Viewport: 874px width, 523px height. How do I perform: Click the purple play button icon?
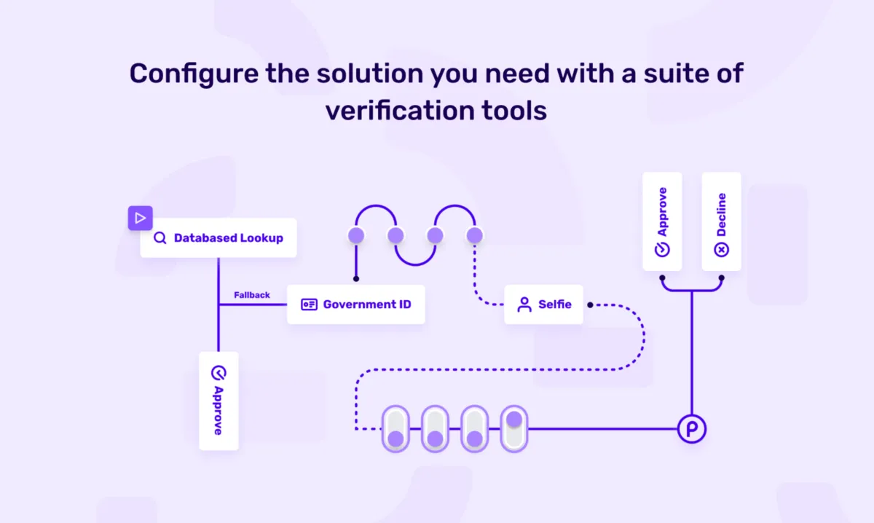pyautogui.click(x=141, y=217)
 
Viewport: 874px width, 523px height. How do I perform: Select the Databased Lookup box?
pyautogui.click(x=219, y=237)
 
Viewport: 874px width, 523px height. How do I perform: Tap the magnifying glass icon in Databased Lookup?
pyautogui.click(x=160, y=237)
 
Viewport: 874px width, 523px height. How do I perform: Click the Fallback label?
pyautogui.click(x=252, y=295)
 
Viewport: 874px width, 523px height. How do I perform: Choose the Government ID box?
pyautogui.click(x=355, y=304)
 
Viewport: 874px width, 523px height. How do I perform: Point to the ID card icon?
pyautogui.click(x=309, y=304)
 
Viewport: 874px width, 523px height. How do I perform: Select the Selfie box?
pyautogui.click(x=543, y=304)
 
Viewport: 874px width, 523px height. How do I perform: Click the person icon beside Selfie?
pyautogui.click(x=524, y=304)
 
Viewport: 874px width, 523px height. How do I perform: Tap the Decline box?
pyautogui.click(x=721, y=221)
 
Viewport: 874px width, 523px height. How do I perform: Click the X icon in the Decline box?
pyautogui.click(x=721, y=250)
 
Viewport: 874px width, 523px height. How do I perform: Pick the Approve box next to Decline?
pyautogui.click(x=662, y=221)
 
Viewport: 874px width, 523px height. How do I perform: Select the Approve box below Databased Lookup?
pyautogui.click(x=218, y=401)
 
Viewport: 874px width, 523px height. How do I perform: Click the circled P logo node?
pyautogui.click(x=691, y=428)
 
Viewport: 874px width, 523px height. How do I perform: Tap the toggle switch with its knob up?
pyautogui.click(x=514, y=428)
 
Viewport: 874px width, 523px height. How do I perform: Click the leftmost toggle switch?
pyautogui.click(x=395, y=428)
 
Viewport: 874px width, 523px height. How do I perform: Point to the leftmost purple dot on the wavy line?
pyautogui.click(x=356, y=235)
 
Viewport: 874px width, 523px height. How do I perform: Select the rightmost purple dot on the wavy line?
pyautogui.click(x=474, y=235)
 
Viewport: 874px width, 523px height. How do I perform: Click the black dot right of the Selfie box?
pyautogui.click(x=590, y=304)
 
